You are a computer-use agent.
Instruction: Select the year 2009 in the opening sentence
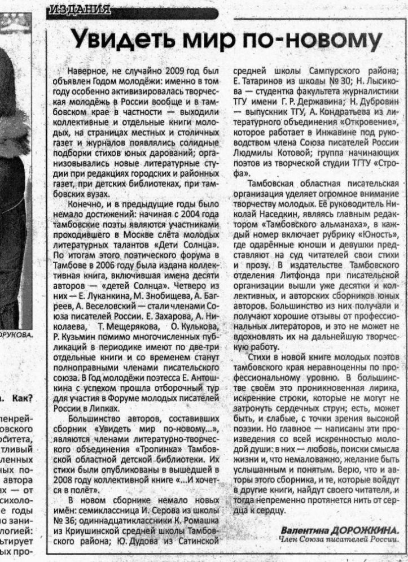point(174,72)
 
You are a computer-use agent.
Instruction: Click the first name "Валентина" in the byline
point(305,531)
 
